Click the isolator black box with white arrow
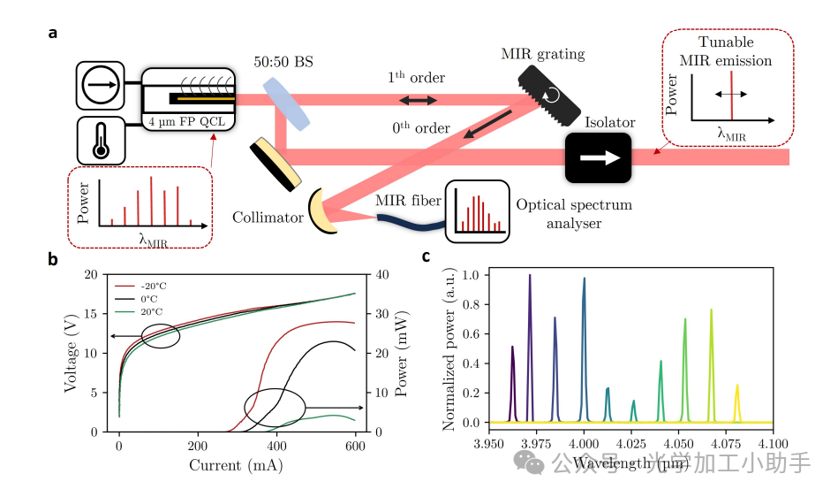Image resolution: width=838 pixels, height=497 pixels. click(598, 157)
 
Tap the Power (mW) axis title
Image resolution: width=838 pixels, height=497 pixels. click(404, 353)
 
